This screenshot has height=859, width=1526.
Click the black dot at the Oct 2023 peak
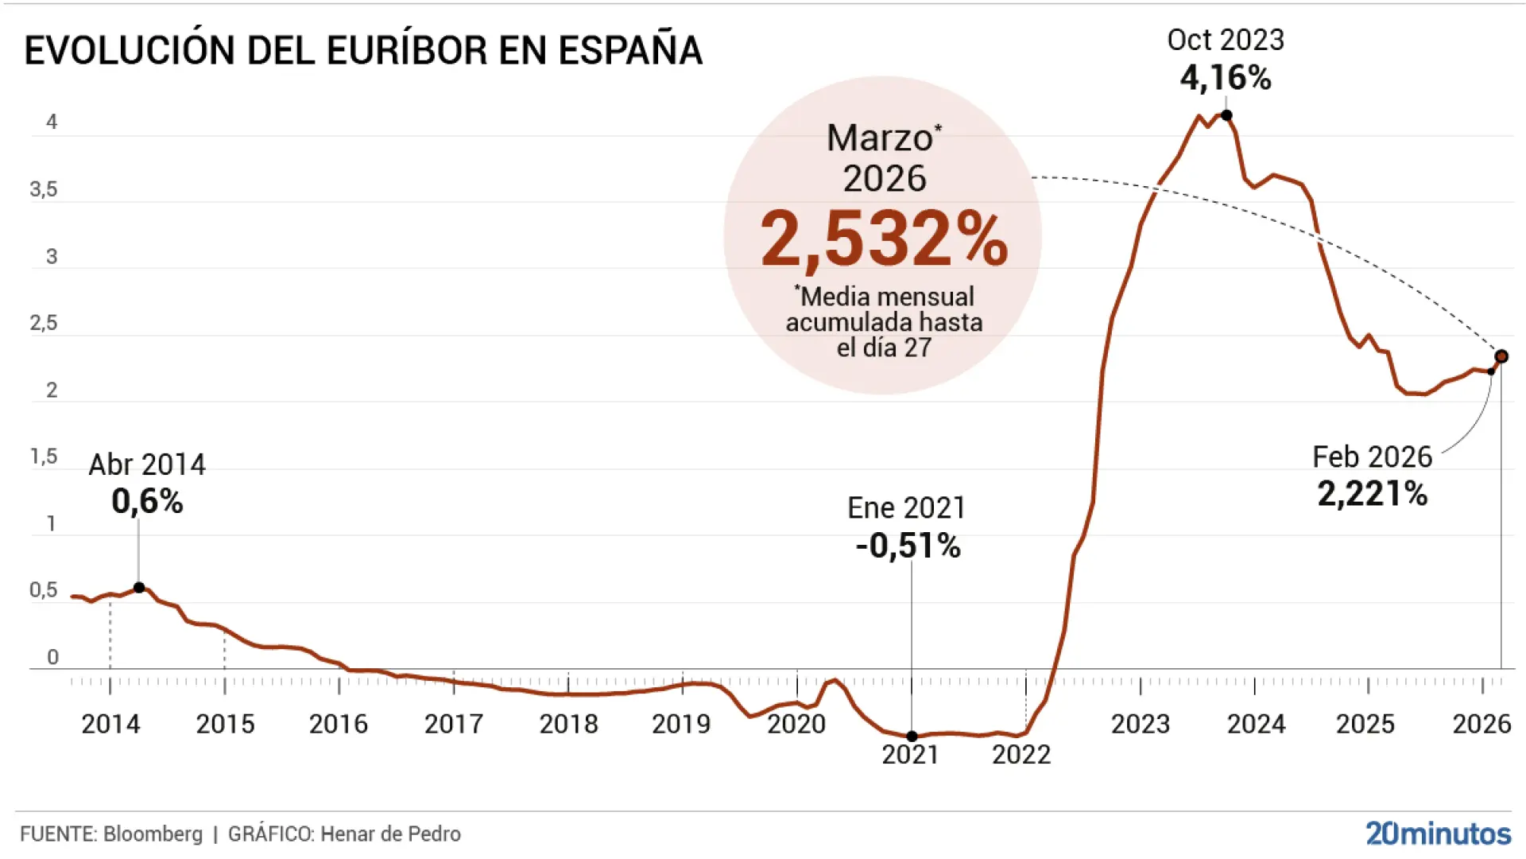click(x=1226, y=115)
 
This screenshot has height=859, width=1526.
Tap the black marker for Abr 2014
click(x=139, y=588)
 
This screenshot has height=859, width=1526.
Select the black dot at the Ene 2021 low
click(x=912, y=737)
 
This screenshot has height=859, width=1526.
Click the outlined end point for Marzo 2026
click(x=1501, y=356)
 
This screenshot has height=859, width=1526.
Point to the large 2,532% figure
click(x=884, y=239)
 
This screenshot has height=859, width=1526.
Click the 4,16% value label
click(x=1226, y=78)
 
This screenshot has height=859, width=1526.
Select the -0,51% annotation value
click(x=908, y=546)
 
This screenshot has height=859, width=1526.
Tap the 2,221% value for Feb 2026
click(x=1373, y=494)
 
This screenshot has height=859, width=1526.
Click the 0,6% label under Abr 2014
click(x=147, y=501)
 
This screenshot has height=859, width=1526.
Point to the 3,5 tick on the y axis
click(x=44, y=189)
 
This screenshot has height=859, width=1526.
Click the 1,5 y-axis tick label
click(x=44, y=457)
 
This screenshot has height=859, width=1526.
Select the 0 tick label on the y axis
click(x=52, y=657)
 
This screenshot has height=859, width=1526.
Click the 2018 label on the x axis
click(x=568, y=724)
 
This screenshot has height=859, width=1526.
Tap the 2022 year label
click(x=1021, y=754)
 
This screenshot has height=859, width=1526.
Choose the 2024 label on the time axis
click(x=1255, y=724)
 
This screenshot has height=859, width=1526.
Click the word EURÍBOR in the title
click(x=407, y=51)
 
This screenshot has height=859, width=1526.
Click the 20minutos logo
click(x=1438, y=833)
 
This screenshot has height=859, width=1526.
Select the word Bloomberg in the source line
click(x=153, y=834)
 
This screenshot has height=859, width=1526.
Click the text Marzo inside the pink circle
click(x=880, y=138)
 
